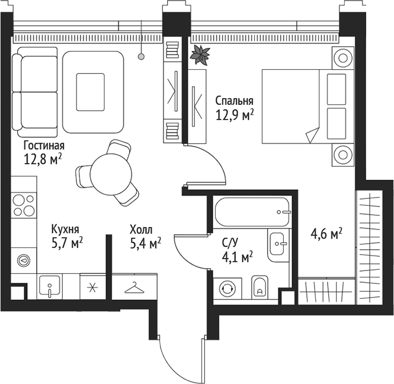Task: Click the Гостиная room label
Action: pyautogui.click(x=44, y=146)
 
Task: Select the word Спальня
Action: pyautogui.click(x=235, y=101)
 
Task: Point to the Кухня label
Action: pyautogui.click(x=65, y=229)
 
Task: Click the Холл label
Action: pyautogui.click(x=141, y=229)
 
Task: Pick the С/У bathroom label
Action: pyautogui.click(x=230, y=242)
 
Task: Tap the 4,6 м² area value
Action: pyautogui.click(x=326, y=234)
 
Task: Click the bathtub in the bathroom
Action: pyautogui.click(x=253, y=211)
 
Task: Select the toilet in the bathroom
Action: pyautogui.click(x=260, y=287)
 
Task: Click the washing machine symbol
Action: pyautogui.click(x=228, y=289)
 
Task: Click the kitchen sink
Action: pyautogui.click(x=50, y=287)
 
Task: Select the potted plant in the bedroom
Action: pyautogui.click(x=200, y=54)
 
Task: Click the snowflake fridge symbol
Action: pyautogui.click(x=92, y=288)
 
